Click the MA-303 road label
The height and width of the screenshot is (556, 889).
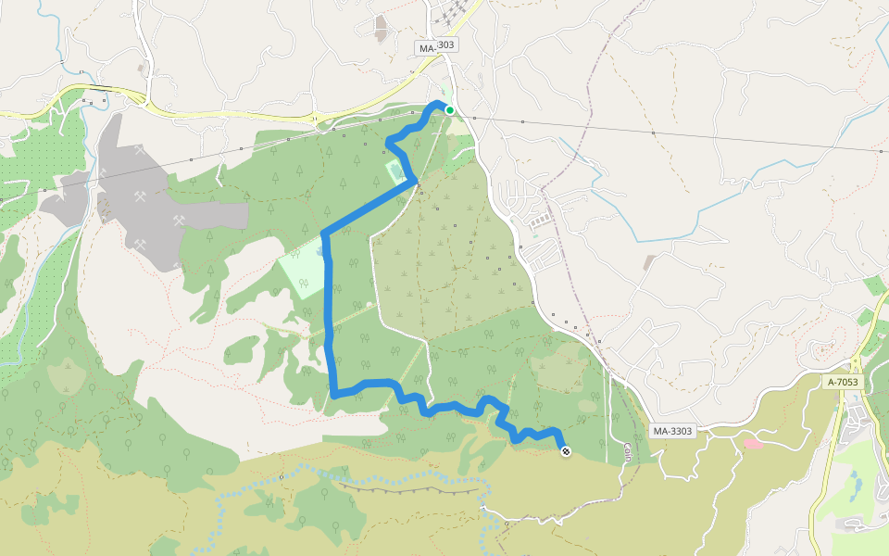435,44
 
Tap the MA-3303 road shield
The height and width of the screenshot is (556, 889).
672,431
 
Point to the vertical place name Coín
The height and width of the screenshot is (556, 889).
627,453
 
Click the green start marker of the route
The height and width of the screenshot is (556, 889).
450,110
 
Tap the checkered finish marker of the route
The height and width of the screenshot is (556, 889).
566,451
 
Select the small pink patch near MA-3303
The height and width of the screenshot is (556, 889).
753,444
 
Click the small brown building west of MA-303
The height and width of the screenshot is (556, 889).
381,27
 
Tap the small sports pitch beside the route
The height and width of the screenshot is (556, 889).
394,171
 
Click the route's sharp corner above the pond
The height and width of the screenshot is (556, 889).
323,232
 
